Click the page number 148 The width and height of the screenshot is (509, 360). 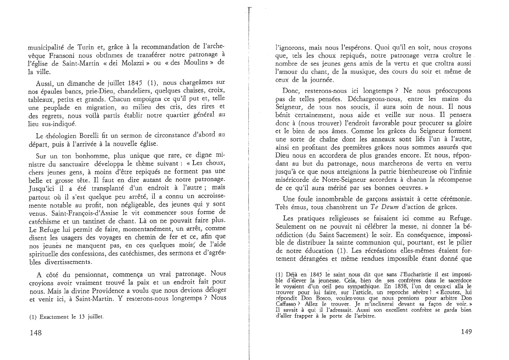pyautogui.click(x=35, y=333)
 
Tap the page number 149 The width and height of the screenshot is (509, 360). pyautogui.click(x=466, y=332)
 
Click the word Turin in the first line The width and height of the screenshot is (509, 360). pyautogui.click(x=84, y=47)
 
